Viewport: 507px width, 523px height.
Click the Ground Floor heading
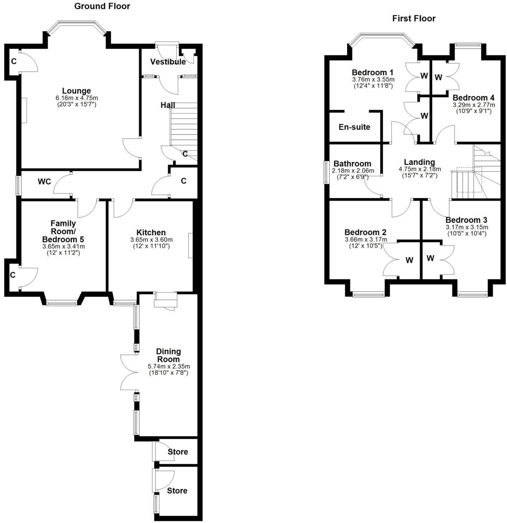(102, 6)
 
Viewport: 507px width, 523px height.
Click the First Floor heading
(414, 18)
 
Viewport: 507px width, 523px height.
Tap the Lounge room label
(76, 91)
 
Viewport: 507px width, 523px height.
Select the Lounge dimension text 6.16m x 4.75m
(76, 98)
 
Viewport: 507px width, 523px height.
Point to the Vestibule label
(168, 62)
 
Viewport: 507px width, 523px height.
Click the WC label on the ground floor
(44, 182)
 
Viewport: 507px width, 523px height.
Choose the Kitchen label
(151, 232)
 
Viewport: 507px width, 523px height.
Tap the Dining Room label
(168, 355)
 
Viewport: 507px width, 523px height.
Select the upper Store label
(178, 452)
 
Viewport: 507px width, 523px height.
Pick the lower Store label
(177, 491)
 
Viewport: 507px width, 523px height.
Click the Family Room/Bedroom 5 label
(63, 231)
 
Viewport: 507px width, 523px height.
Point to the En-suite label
(354, 127)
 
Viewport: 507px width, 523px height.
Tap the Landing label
(419, 162)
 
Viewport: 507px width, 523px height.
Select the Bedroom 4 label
(474, 98)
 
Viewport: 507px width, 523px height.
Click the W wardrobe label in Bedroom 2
(409, 261)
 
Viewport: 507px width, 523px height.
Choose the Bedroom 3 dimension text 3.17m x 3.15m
(467, 227)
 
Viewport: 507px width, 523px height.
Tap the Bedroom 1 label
(373, 73)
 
